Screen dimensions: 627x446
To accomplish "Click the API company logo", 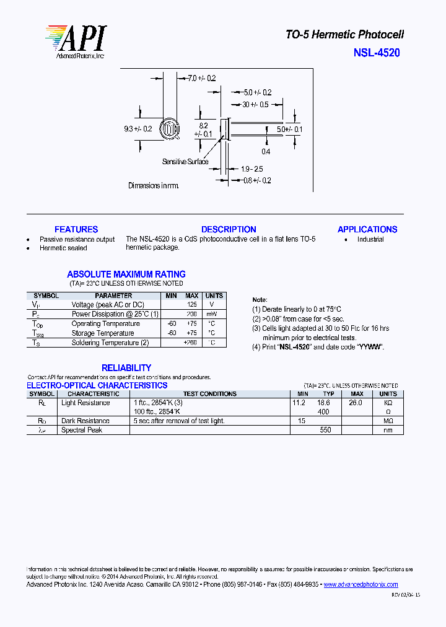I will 75,42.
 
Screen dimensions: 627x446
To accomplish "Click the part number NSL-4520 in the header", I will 377,53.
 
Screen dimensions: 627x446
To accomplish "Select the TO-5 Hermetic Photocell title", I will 344,35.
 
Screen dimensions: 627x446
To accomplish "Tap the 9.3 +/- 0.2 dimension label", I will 138,129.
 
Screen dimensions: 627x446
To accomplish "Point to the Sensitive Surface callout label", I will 185,162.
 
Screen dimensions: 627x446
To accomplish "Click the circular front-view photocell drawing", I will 168,129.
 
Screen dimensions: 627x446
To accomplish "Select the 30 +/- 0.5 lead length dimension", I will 255,104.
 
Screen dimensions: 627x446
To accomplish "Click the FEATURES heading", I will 76,229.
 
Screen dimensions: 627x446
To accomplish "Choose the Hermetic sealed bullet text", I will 63,248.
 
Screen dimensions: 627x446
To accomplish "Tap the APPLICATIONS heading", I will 367,229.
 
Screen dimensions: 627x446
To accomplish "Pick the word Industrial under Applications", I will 370,239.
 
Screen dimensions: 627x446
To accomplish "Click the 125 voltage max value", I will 192,305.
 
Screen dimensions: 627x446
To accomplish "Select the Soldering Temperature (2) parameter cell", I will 110,343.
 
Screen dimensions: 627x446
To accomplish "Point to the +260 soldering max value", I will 191,343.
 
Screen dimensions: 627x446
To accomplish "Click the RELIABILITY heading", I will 126,367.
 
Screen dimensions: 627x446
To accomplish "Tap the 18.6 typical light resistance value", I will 323,403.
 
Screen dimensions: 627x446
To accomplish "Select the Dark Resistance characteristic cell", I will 85,421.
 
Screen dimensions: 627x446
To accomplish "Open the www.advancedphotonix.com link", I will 361,584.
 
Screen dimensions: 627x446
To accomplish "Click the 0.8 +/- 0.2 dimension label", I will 257,180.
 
